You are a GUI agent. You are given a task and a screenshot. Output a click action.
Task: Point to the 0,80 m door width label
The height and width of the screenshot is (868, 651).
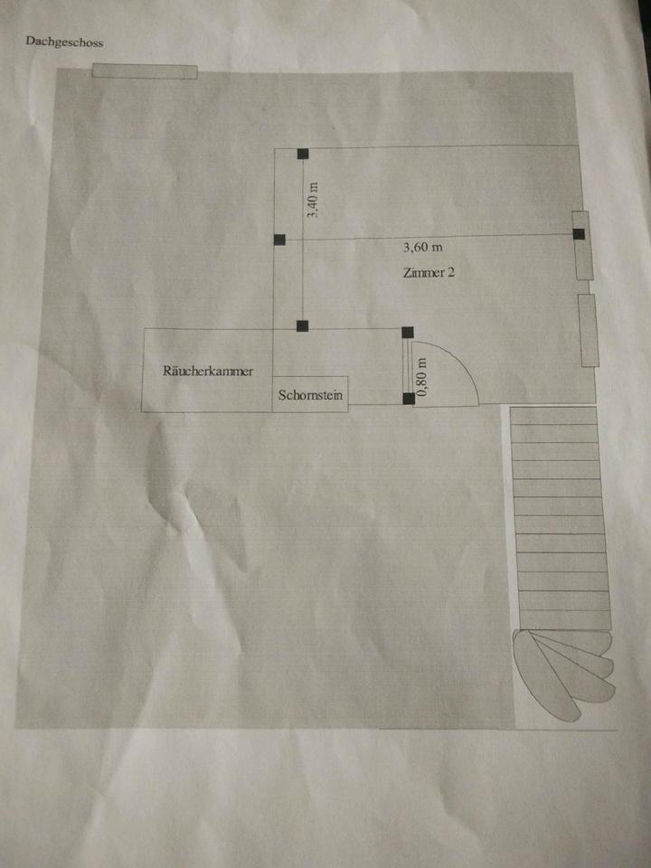[x=421, y=373]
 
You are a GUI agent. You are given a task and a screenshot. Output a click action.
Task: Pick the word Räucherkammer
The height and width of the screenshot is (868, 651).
[x=207, y=371]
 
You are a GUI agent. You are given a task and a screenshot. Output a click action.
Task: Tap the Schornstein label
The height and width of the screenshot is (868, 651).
[x=309, y=395]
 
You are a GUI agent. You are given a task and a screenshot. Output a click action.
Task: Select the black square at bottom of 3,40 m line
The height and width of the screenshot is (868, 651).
[x=303, y=325]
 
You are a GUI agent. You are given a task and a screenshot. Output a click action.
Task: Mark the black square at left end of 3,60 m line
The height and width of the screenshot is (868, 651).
[x=279, y=240]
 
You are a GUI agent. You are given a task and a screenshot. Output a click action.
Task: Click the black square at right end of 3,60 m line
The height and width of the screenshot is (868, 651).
[x=578, y=234]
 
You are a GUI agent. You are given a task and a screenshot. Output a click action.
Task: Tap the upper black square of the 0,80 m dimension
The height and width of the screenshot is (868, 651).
[x=407, y=333]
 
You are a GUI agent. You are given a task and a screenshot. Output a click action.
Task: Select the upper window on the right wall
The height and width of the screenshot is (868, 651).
[x=581, y=244]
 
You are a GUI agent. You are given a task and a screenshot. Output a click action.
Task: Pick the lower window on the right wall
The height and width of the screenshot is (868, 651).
[x=589, y=330]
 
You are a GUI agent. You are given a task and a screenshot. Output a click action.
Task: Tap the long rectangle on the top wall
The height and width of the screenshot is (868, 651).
[x=145, y=71]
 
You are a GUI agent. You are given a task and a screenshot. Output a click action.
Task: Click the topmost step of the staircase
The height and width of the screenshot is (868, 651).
[x=553, y=416]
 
